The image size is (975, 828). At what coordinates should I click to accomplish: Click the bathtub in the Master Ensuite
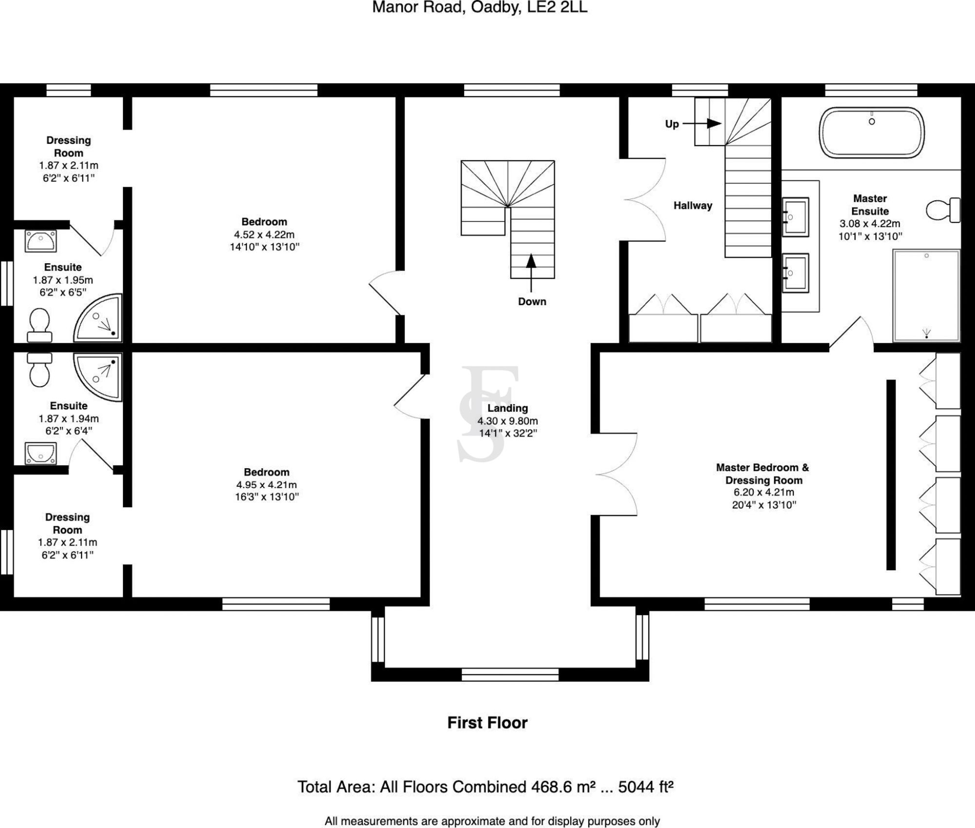871,133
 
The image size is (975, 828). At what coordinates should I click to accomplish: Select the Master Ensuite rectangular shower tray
926,295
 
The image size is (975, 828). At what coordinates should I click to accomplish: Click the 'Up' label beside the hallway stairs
672,124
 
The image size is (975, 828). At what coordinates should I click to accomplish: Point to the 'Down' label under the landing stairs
532,302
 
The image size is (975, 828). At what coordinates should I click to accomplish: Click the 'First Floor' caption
487,722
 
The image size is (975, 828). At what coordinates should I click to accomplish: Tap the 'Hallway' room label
692,206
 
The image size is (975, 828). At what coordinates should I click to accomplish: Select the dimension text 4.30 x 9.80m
507,421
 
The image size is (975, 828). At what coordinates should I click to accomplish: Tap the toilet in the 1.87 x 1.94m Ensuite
39,370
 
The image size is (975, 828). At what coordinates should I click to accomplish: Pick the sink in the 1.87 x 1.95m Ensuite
41,241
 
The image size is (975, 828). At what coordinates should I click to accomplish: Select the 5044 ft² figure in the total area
645,787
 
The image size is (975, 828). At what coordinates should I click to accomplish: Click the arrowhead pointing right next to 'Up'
714,124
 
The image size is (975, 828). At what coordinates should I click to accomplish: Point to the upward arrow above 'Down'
531,262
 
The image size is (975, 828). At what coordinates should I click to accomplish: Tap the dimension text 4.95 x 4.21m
266,484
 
